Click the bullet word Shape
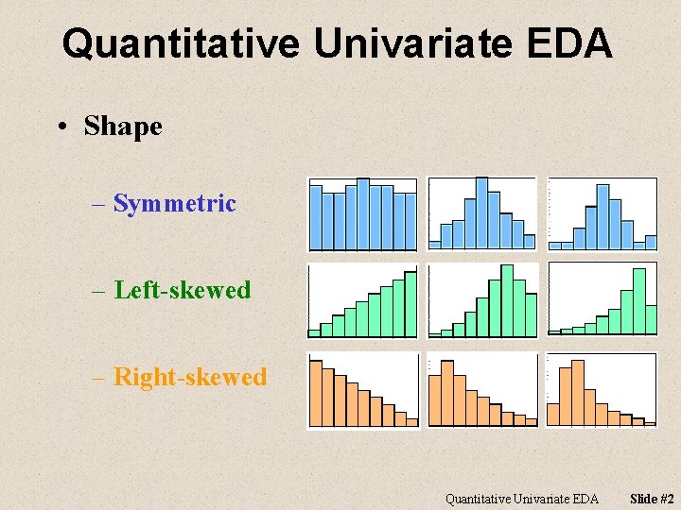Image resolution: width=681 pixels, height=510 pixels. tap(123, 126)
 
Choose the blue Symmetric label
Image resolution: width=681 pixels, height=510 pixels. tap(174, 203)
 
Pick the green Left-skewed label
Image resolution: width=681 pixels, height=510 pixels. tap(182, 290)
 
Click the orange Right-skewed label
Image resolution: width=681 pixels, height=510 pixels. tap(189, 377)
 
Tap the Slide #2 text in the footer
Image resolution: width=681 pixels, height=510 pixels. tap(653, 499)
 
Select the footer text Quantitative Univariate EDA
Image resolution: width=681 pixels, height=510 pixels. tap(522, 499)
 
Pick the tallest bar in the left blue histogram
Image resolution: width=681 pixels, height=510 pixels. tap(362, 215)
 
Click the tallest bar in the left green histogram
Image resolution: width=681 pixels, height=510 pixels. tap(410, 304)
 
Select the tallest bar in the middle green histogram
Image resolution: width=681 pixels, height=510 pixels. tap(506, 300)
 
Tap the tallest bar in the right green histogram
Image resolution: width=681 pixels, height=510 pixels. tap(638, 300)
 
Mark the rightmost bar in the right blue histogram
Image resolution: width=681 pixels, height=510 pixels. tap(650, 242)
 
